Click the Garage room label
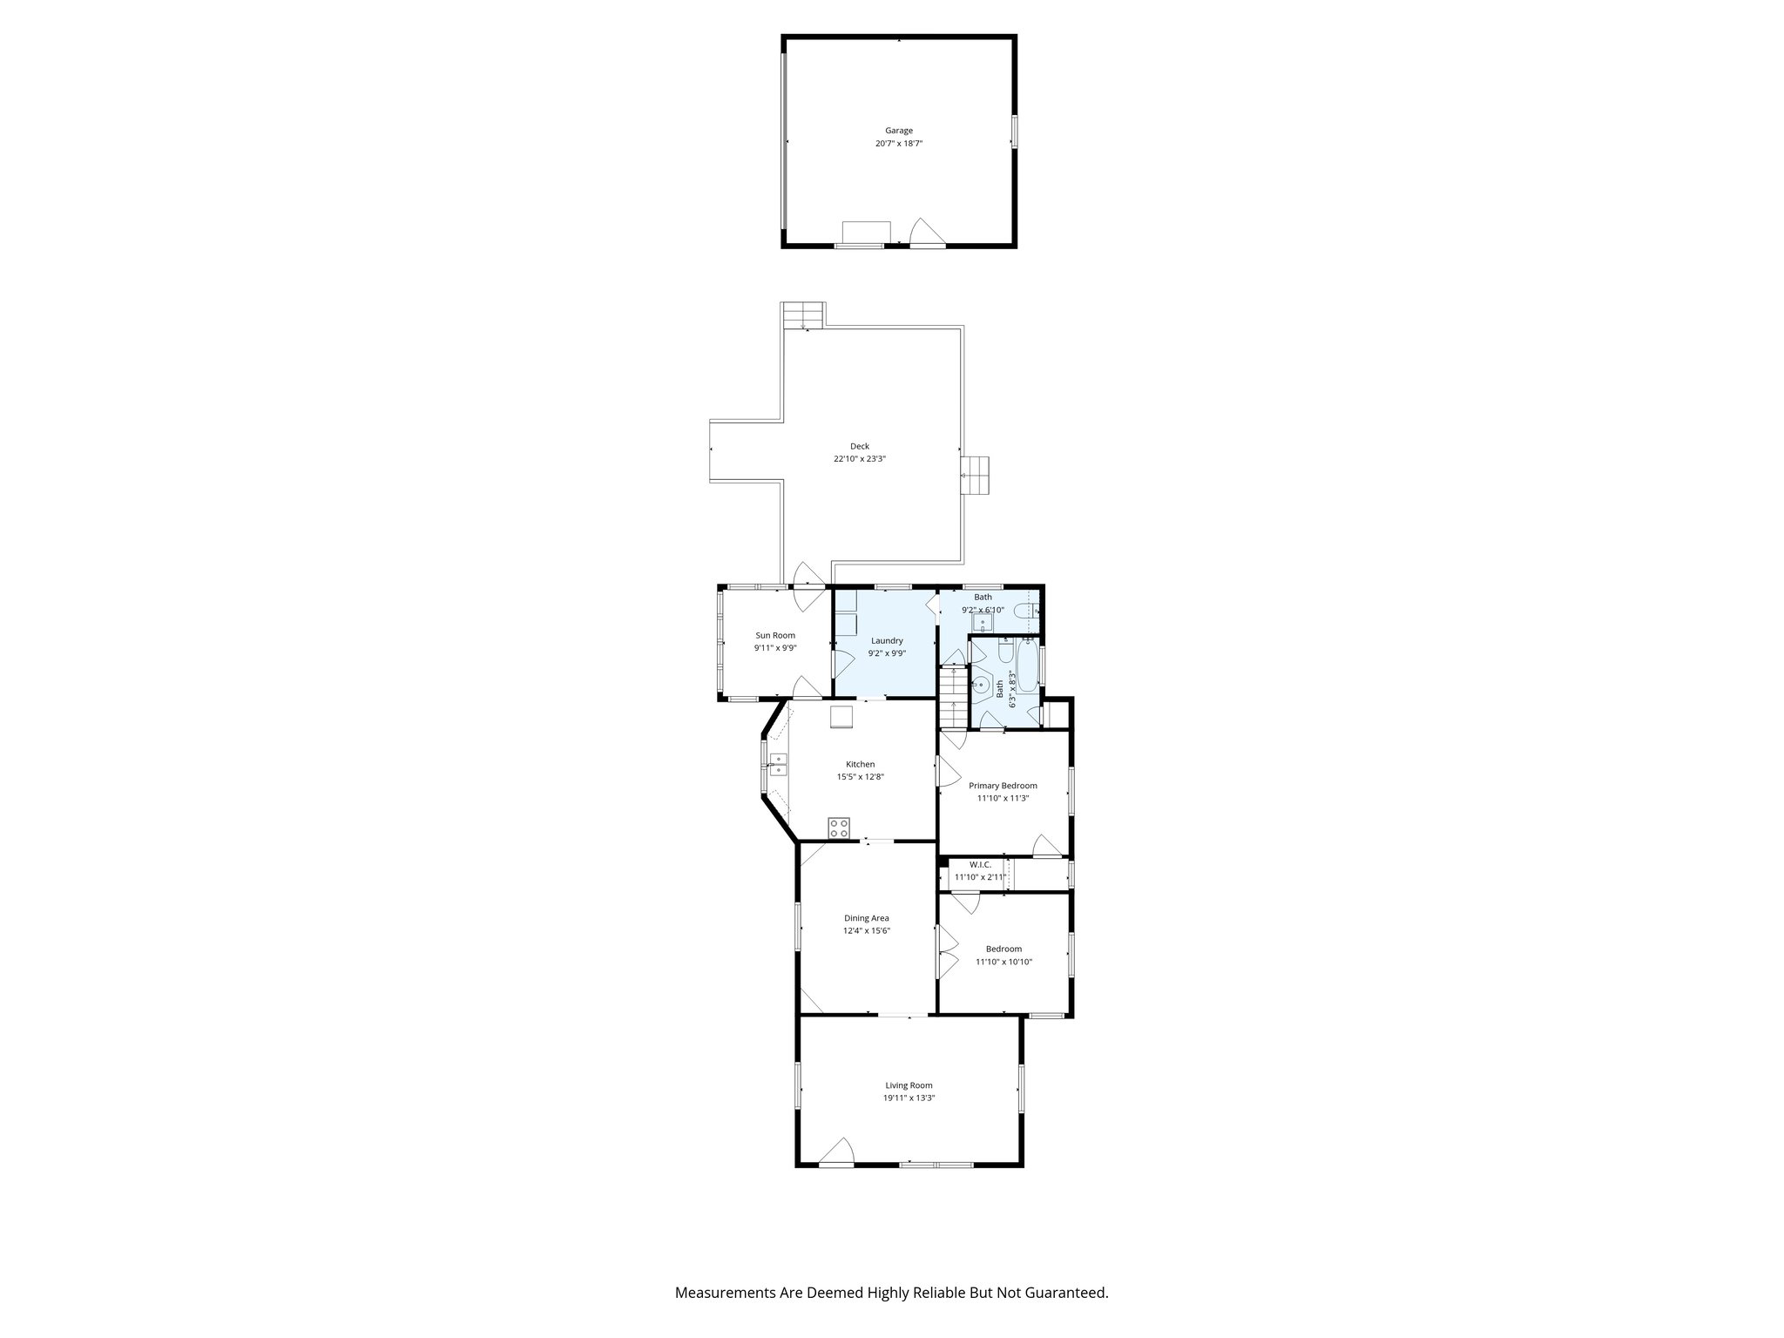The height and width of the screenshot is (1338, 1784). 899,131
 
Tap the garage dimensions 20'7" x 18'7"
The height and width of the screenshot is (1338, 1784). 899,143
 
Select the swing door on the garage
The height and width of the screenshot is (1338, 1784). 926,233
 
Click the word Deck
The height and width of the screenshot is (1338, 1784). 860,446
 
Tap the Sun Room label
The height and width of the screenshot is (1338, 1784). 775,635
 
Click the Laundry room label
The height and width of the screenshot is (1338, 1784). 887,640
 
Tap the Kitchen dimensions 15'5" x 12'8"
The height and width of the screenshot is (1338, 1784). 860,777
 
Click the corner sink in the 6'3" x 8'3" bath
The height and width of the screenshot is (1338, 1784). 982,685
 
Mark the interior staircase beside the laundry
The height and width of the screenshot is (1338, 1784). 953,696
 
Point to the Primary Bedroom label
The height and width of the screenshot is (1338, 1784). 1003,786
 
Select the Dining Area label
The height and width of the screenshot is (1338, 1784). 866,918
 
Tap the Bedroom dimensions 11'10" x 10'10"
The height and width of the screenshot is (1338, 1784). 1003,962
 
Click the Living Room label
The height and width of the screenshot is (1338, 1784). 909,1085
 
